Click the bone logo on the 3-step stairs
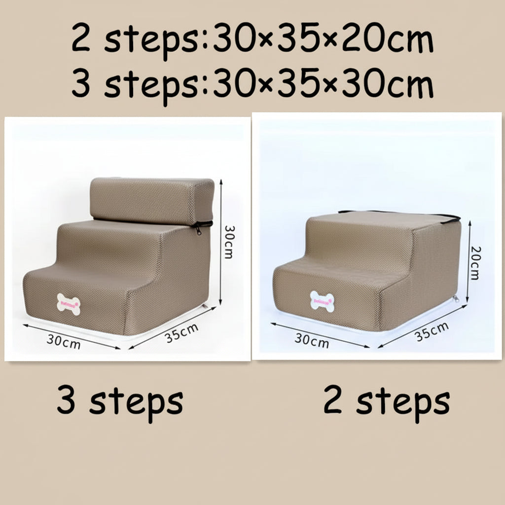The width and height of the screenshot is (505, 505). pyautogui.click(x=69, y=304)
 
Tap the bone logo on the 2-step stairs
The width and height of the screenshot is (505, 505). pyautogui.click(x=322, y=301)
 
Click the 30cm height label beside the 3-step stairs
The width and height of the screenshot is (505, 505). pyautogui.click(x=229, y=242)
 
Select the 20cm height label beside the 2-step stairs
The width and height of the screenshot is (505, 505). pyautogui.click(x=474, y=262)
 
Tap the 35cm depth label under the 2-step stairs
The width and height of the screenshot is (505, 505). pyautogui.click(x=432, y=331)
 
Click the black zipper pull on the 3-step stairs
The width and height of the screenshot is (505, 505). pyautogui.click(x=199, y=229)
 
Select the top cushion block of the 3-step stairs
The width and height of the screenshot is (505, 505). pyautogui.click(x=152, y=199)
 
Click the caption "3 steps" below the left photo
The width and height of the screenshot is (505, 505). pyautogui.click(x=120, y=401)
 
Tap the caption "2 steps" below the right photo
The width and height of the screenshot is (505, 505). pyautogui.click(x=387, y=401)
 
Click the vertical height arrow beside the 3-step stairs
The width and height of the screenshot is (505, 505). pyautogui.click(x=220, y=242)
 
